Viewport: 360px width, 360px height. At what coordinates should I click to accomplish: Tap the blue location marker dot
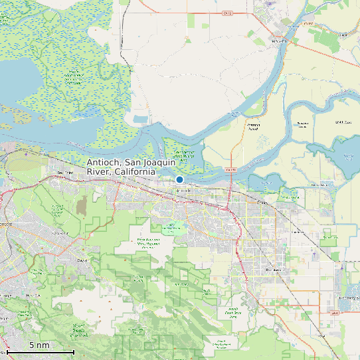click(x=179, y=179)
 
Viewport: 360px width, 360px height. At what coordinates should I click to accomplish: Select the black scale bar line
click(x=41, y=351)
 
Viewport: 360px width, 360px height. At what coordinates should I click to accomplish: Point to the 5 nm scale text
click(x=39, y=345)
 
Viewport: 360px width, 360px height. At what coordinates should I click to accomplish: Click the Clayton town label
click(x=83, y=260)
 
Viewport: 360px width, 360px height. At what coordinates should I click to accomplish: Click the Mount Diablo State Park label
click(x=78, y=327)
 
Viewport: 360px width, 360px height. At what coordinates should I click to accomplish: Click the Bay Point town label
click(x=64, y=173)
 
